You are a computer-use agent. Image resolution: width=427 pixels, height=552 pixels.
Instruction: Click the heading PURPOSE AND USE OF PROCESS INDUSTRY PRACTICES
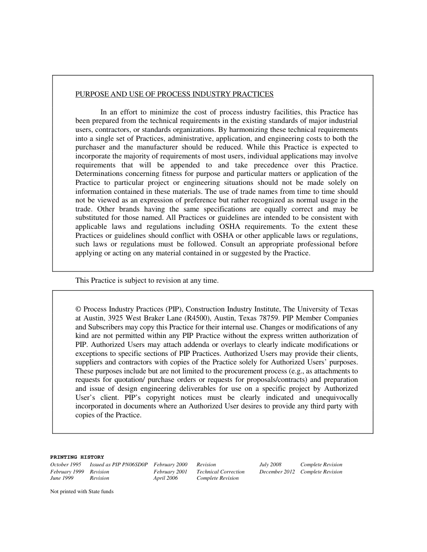(x=174, y=94)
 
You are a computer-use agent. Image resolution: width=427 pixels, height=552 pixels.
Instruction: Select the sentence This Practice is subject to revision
(x=147, y=280)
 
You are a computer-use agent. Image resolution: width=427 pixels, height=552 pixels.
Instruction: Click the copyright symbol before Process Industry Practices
(x=78, y=309)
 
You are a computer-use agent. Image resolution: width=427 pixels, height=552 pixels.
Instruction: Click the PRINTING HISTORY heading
(x=77, y=457)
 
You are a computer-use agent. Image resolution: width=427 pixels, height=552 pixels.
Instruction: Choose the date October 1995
(x=66, y=465)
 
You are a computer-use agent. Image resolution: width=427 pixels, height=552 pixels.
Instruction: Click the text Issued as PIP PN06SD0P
(x=119, y=465)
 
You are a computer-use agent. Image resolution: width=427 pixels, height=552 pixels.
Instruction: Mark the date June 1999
(x=62, y=478)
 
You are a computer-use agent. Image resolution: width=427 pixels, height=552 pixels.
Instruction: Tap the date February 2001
(x=170, y=472)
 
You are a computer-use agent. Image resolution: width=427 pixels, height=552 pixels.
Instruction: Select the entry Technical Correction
(x=221, y=472)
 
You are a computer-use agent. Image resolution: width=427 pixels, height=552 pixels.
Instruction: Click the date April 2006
(x=165, y=478)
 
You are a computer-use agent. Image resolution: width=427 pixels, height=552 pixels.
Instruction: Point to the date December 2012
(x=277, y=472)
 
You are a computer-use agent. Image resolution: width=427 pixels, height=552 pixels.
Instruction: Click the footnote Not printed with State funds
(x=82, y=491)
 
